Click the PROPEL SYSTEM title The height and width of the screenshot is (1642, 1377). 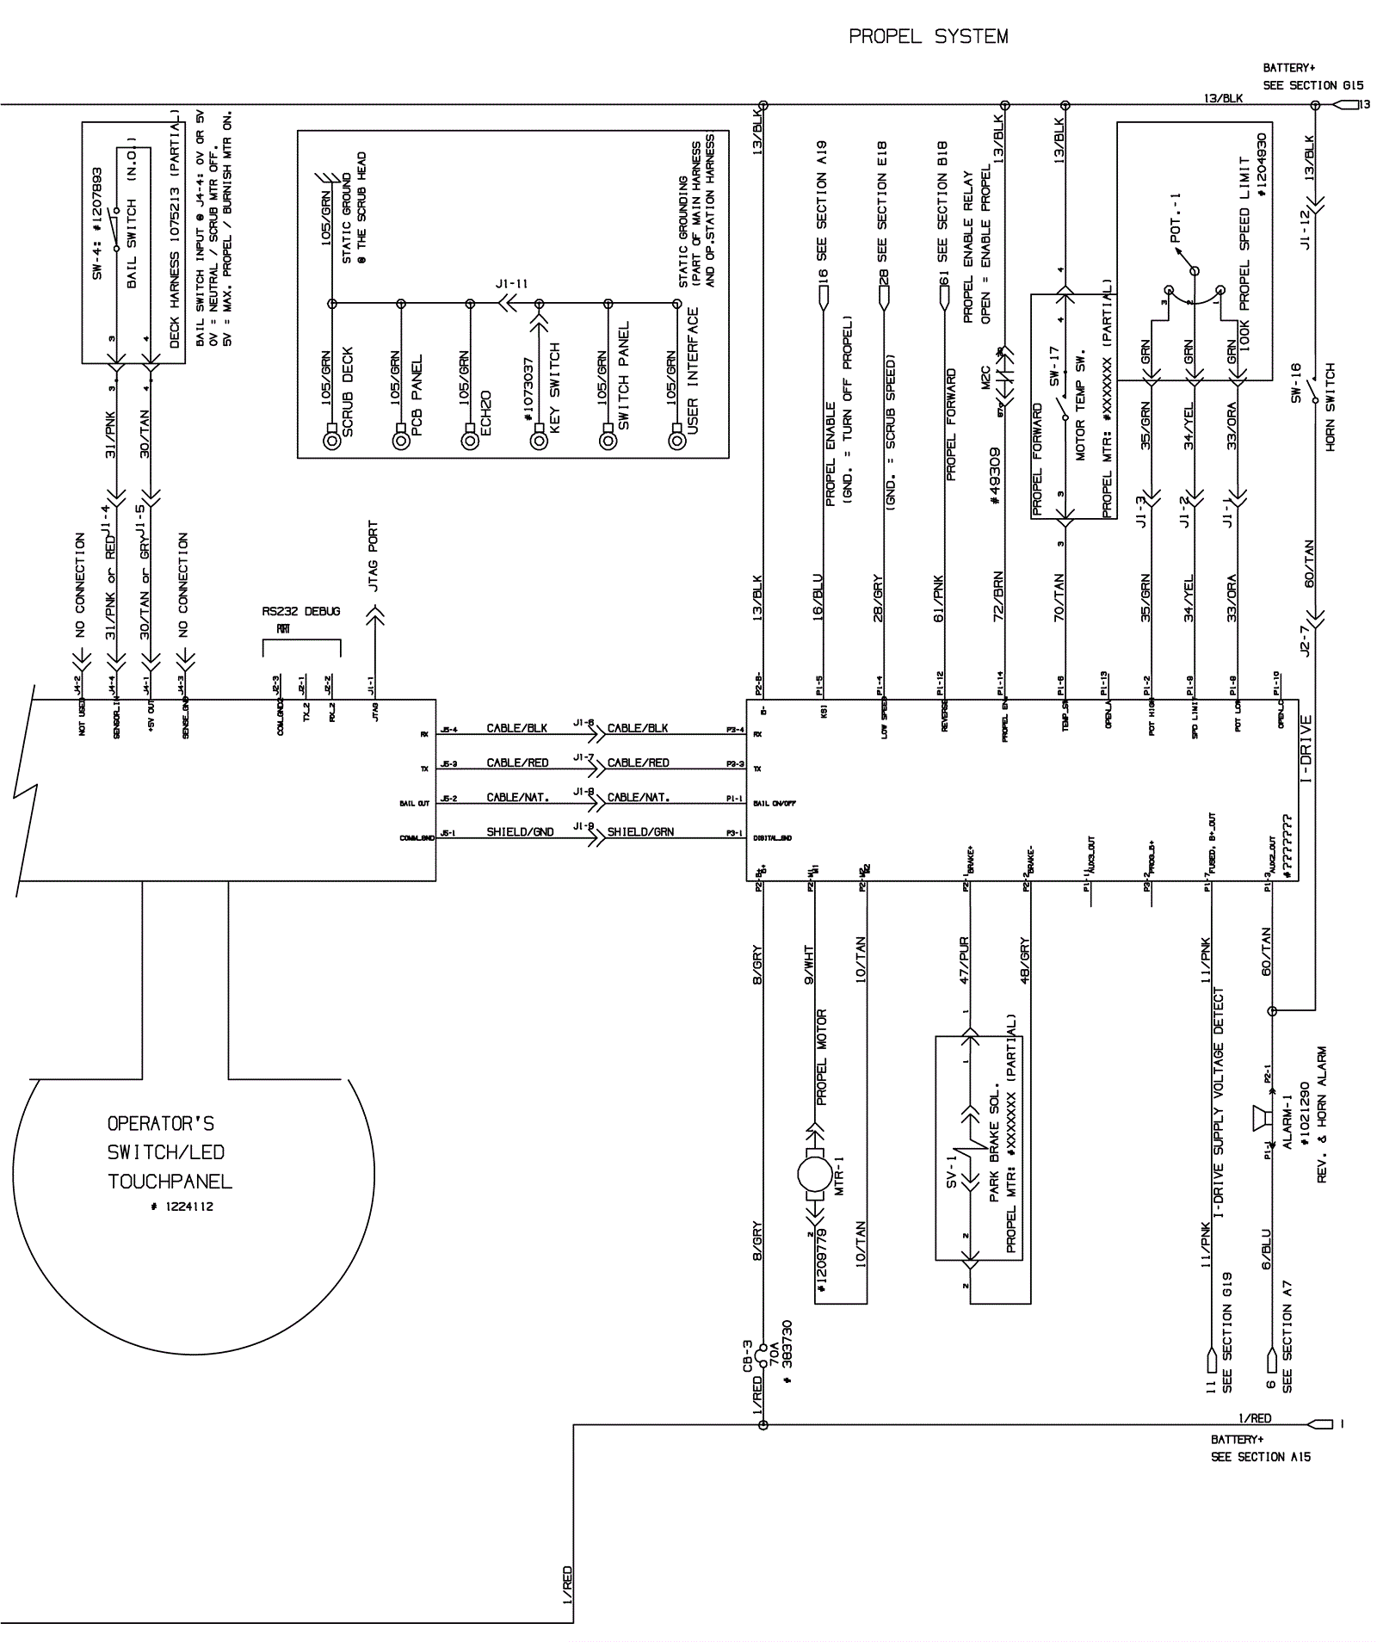coord(928,37)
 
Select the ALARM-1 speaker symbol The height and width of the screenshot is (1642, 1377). coord(1260,1118)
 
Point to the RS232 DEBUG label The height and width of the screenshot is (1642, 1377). coord(301,611)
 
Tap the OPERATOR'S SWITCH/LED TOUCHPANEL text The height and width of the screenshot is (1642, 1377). coord(170,1152)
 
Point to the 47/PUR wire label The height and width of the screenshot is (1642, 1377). coord(964,960)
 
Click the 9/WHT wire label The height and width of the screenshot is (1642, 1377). coord(809,965)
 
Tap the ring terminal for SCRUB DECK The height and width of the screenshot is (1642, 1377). coord(331,441)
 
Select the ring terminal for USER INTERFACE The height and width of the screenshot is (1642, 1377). coord(677,441)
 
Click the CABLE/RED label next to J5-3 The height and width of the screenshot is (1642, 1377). coord(517,763)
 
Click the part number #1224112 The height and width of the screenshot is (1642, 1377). coord(181,1207)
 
